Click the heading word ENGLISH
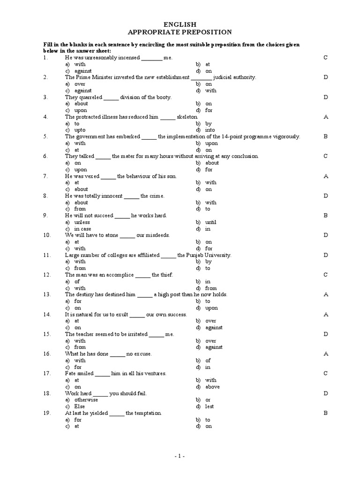click(x=180, y=24)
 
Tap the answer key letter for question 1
click(x=325, y=58)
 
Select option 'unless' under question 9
click(x=82, y=222)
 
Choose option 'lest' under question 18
click(x=209, y=406)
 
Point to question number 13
click(x=46, y=294)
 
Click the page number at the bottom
click(x=180, y=456)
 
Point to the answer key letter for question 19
click(x=325, y=413)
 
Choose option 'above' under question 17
click(x=212, y=387)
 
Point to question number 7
click(x=45, y=176)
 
